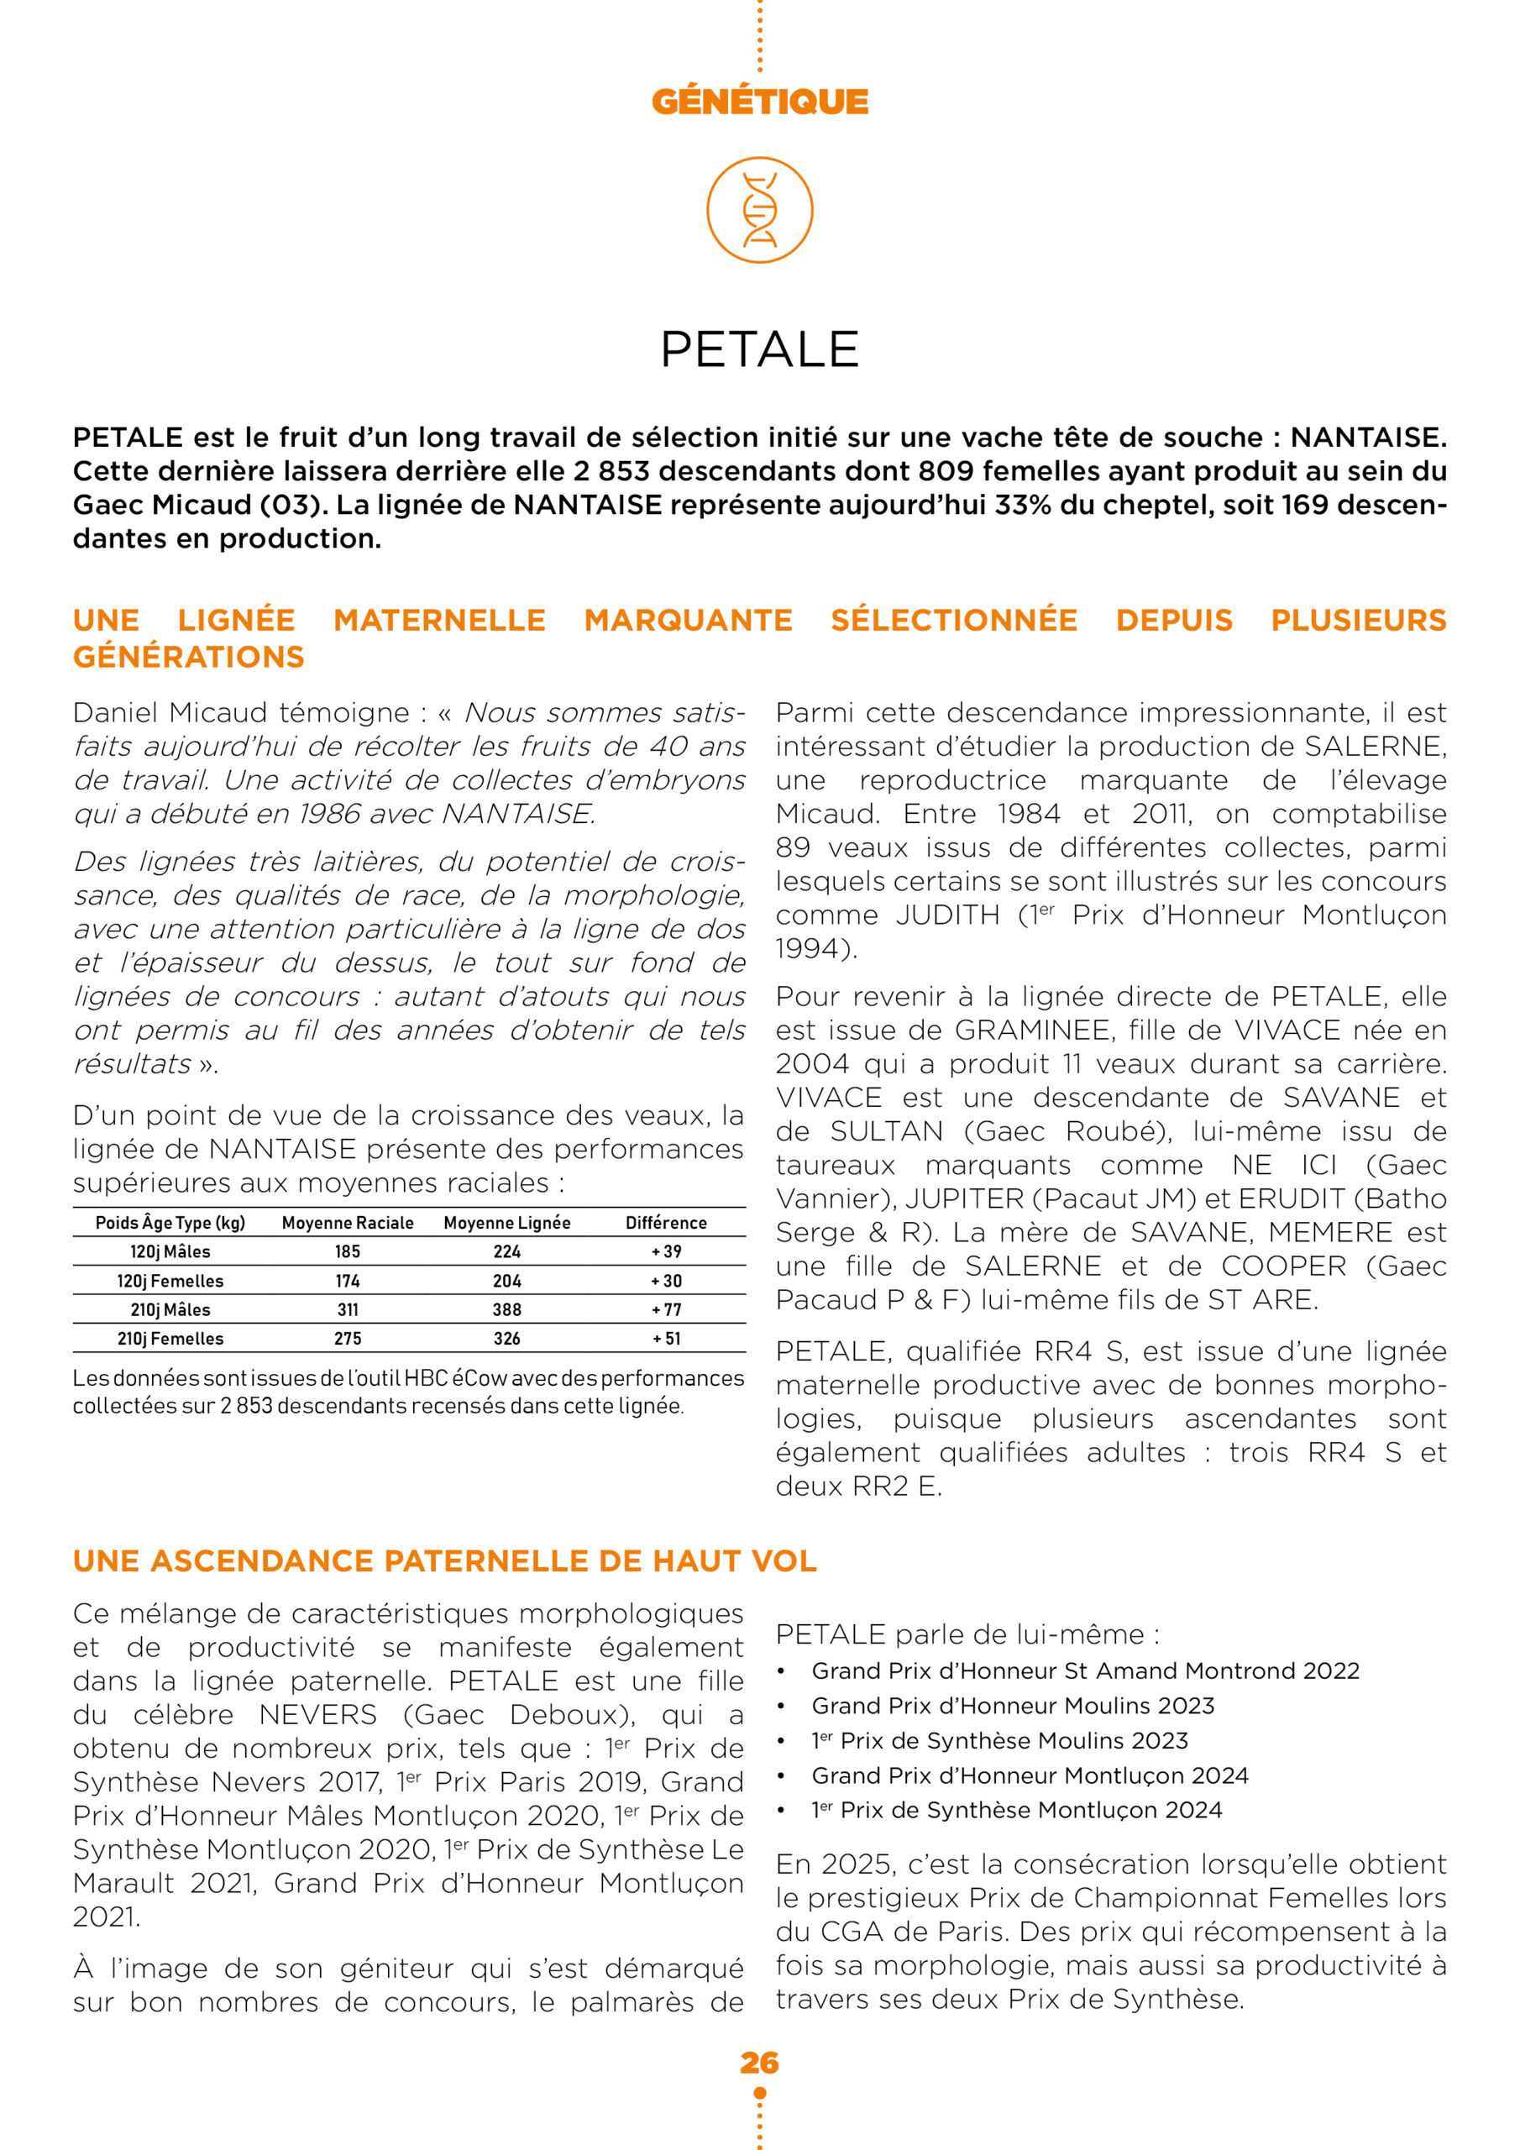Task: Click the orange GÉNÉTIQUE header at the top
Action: [759, 101]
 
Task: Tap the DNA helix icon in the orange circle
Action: [759, 210]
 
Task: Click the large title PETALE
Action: [759, 349]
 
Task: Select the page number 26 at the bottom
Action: [759, 2063]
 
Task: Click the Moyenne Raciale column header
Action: [348, 1223]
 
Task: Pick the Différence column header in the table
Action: [666, 1223]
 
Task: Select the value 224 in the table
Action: [506, 1252]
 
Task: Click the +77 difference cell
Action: [666, 1310]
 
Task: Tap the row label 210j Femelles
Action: [170, 1339]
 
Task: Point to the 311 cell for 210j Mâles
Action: [348, 1310]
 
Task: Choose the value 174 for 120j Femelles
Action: [348, 1281]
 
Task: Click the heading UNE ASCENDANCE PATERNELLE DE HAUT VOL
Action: [445, 1561]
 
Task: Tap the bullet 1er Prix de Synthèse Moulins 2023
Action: [1000, 1741]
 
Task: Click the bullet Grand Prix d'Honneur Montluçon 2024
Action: [1030, 1775]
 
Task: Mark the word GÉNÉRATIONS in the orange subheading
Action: [189, 658]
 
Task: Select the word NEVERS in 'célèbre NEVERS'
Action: [317, 1715]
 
